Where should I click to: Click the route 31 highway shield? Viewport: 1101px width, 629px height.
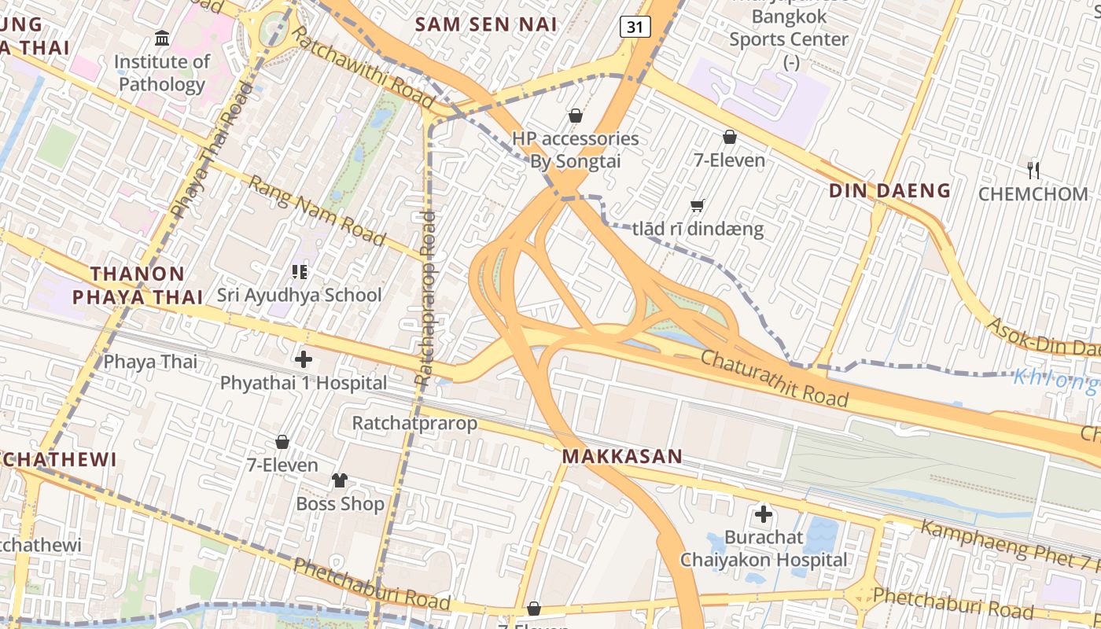pyautogui.click(x=635, y=28)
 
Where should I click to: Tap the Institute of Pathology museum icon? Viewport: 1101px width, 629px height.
pyautogui.click(x=162, y=38)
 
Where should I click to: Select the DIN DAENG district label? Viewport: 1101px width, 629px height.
pyautogui.click(x=890, y=190)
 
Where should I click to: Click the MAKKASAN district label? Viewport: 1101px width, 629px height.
pyautogui.click(x=622, y=457)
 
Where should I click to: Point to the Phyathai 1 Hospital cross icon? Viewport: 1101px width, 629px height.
pyautogui.click(x=304, y=360)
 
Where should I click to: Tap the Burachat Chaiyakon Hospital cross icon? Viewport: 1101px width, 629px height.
pyautogui.click(x=763, y=515)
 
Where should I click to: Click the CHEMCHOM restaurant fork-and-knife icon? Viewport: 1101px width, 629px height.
pyautogui.click(x=1033, y=169)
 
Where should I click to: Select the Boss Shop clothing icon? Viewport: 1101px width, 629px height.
pyautogui.click(x=340, y=480)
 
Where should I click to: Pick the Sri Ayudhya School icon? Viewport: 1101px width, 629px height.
pyautogui.click(x=299, y=272)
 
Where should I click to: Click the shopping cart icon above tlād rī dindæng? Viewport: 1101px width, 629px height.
pyautogui.click(x=697, y=206)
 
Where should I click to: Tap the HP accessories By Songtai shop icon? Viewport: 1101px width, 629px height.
pyautogui.click(x=576, y=116)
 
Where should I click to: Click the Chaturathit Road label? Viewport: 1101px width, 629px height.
pyautogui.click(x=774, y=378)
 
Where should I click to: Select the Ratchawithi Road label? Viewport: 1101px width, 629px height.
pyautogui.click(x=363, y=68)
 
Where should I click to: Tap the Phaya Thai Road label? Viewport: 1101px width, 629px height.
pyautogui.click(x=211, y=149)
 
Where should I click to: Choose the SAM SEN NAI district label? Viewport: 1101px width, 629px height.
pyautogui.click(x=486, y=24)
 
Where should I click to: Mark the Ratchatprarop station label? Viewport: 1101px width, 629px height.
pyautogui.click(x=414, y=423)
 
